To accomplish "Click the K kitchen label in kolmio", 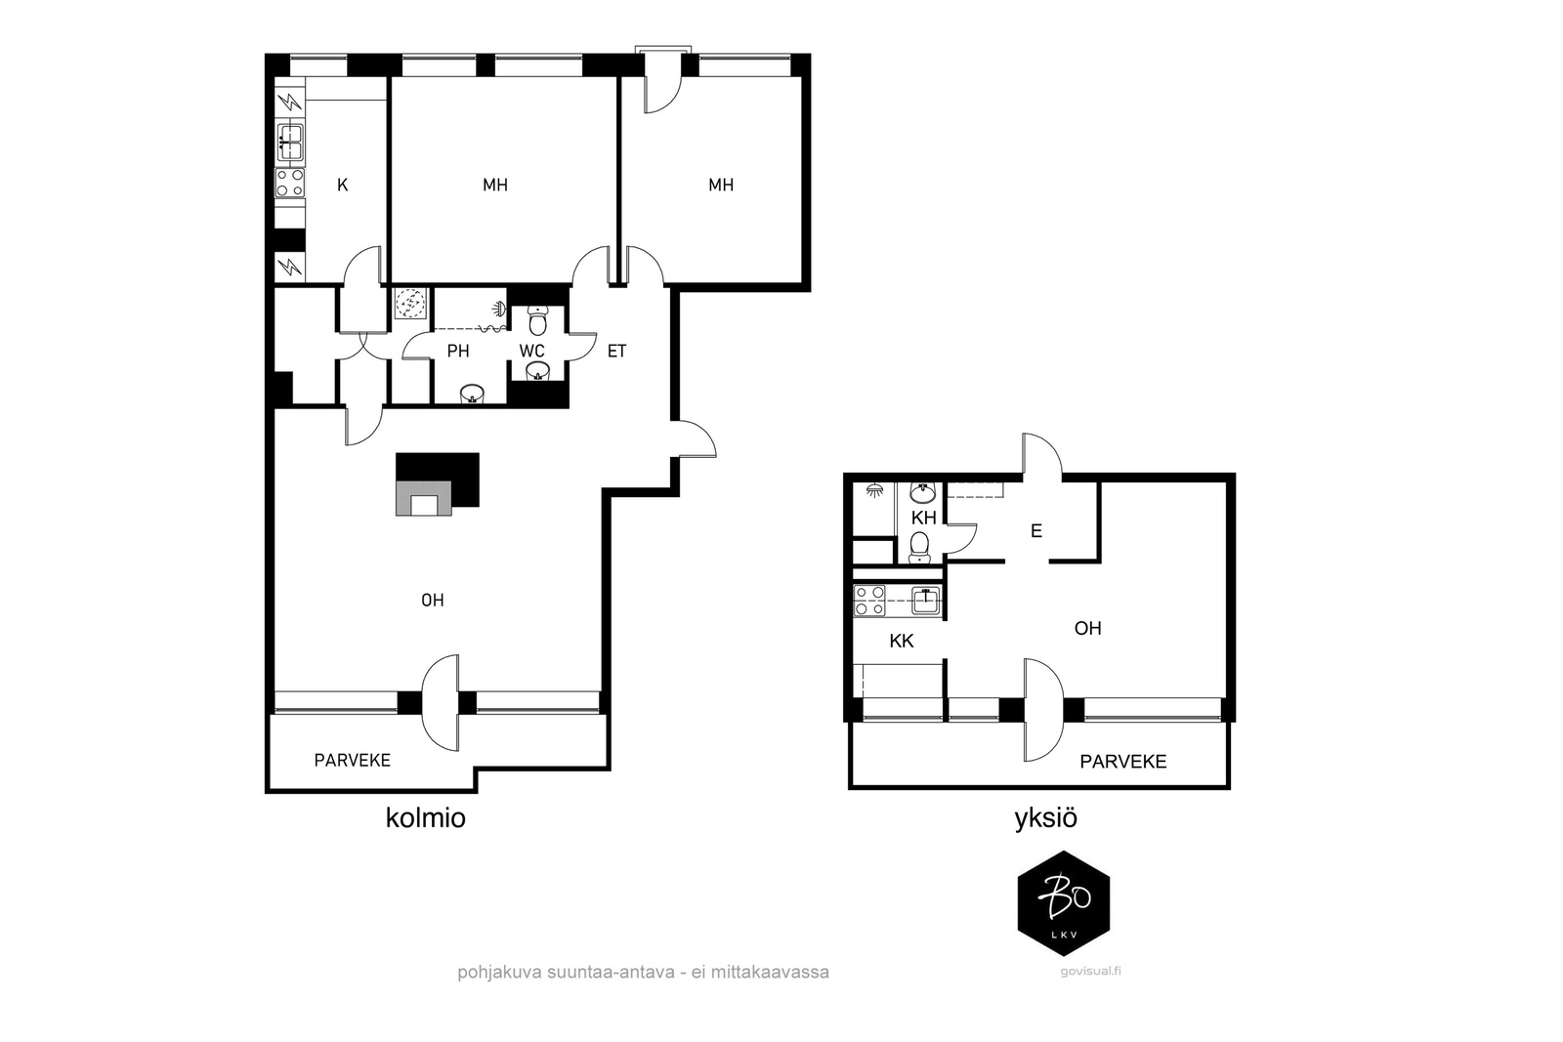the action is coord(342,185).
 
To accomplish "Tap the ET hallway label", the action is coord(616,351).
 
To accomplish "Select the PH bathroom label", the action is coord(458,351).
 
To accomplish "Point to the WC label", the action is coord(531,351).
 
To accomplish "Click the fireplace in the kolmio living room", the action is coord(437,484).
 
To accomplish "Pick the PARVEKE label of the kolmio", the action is coord(353,760).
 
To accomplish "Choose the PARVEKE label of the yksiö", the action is coord(1122,762).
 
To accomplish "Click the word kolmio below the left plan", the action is coord(426,818).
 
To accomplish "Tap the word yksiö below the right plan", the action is coord(1045,818).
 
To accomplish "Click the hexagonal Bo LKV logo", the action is coord(1064,903).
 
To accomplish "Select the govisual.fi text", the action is coord(1090,971).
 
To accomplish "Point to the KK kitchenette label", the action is coord(902,641).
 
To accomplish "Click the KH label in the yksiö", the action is coord(924,519).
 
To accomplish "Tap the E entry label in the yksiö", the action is coord(1036,530).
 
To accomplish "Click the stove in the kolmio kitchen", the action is coord(289,183).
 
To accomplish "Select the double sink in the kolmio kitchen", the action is coord(289,142).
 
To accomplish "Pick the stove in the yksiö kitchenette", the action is coord(869,601).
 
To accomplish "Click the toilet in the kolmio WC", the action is coord(537,320).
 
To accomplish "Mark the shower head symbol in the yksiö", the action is coord(874,489).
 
